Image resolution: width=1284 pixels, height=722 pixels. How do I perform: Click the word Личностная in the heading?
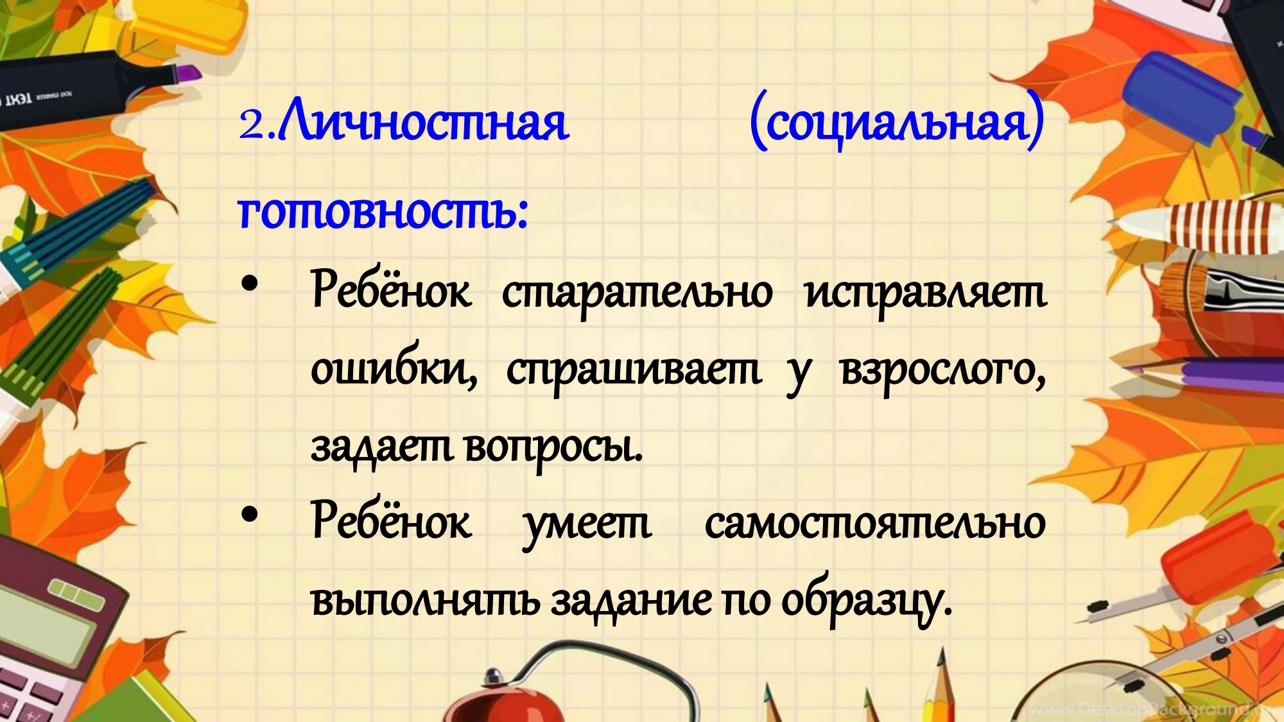pos(424,120)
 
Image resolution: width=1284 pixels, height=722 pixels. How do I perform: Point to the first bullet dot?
pos(249,284)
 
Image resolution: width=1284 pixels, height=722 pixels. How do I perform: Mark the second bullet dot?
pos(249,514)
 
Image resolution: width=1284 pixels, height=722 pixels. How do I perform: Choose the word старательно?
pos(637,293)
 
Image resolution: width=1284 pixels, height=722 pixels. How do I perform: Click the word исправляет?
pos(925,293)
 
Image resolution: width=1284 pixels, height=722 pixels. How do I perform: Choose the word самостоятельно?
pos(875,523)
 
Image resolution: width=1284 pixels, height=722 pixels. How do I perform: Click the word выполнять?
pos(425,601)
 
